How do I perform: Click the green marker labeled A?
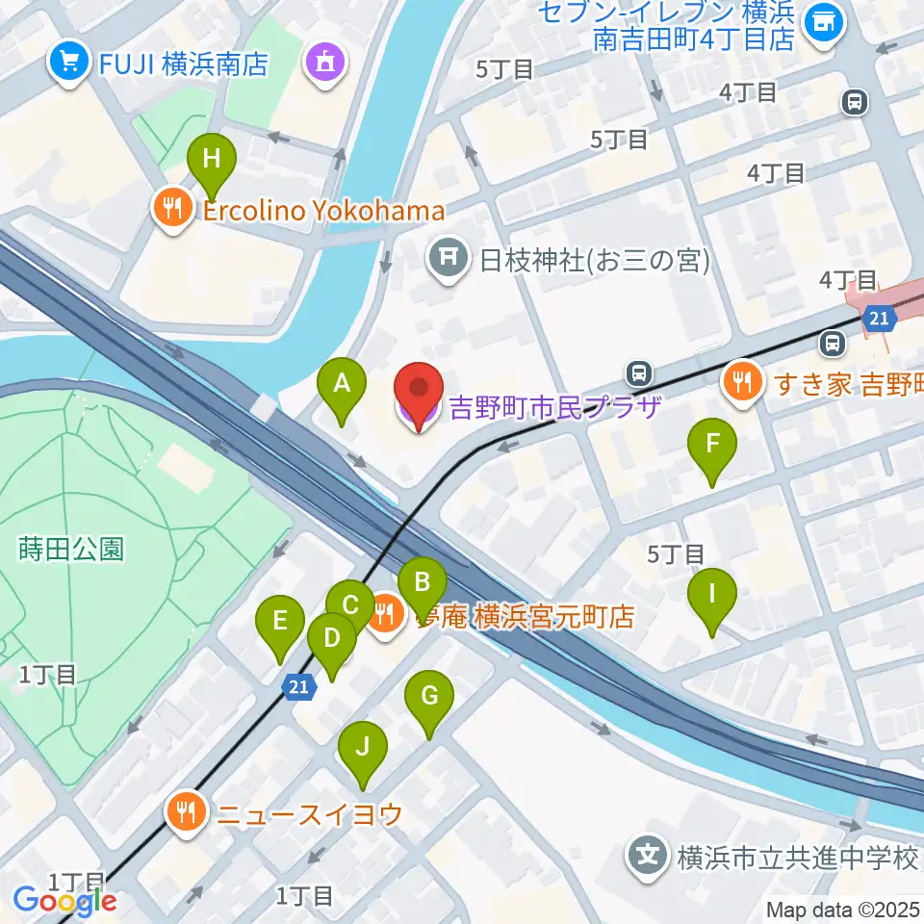pos(342,386)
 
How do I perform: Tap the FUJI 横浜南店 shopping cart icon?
pos(68,64)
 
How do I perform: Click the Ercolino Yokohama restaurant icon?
pos(173,211)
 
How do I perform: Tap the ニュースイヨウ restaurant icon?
pos(186,814)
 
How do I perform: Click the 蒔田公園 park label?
pos(71,550)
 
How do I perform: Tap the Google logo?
pos(64,901)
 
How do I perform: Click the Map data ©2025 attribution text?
pos(842,910)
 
